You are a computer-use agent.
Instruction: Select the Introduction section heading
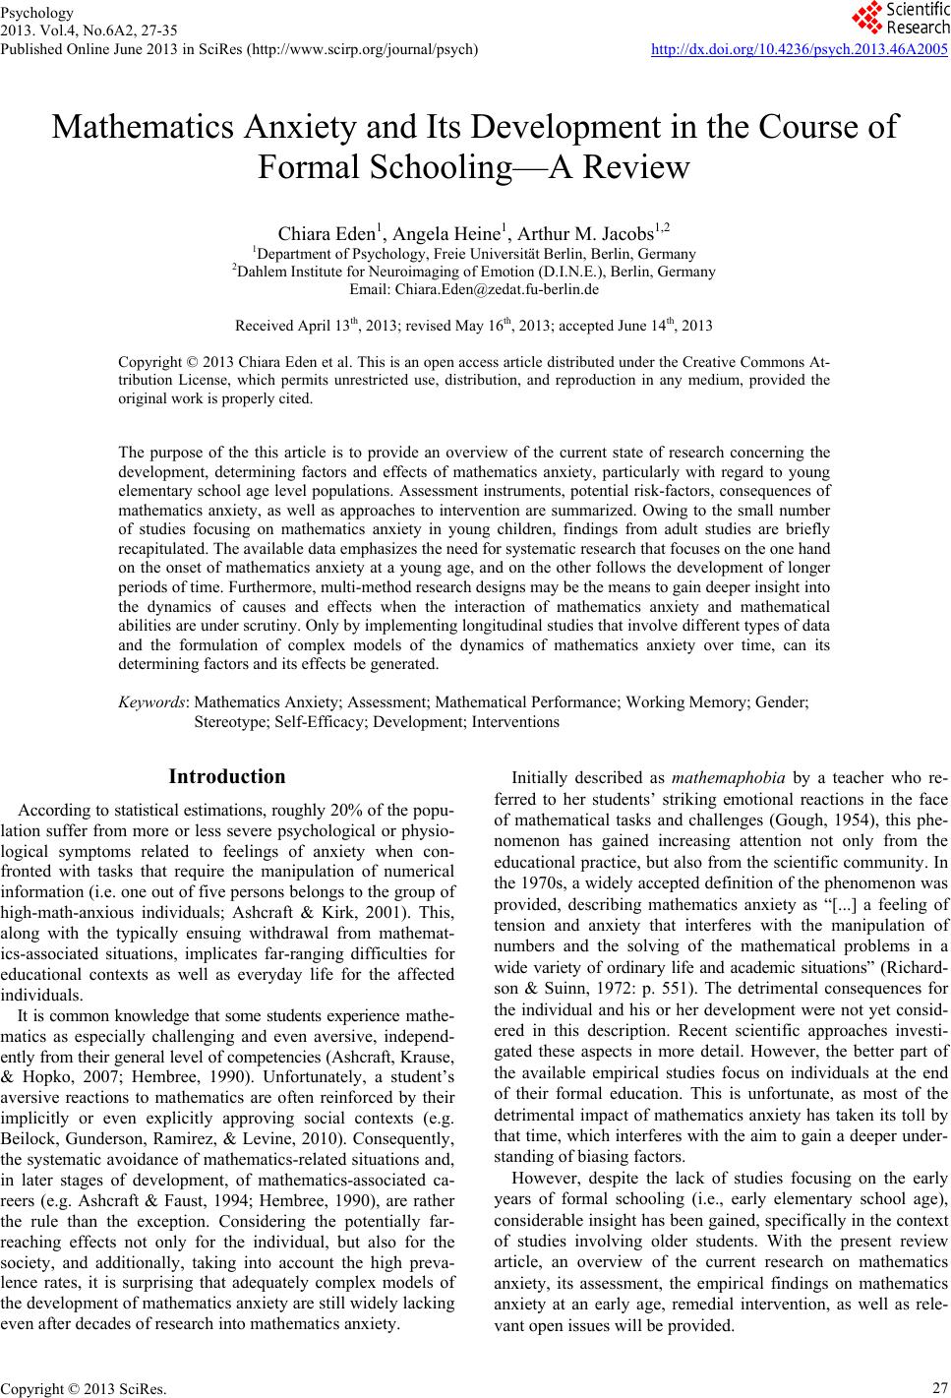227,777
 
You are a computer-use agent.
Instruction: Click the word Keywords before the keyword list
153,702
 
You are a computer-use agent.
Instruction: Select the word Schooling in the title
398,168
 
